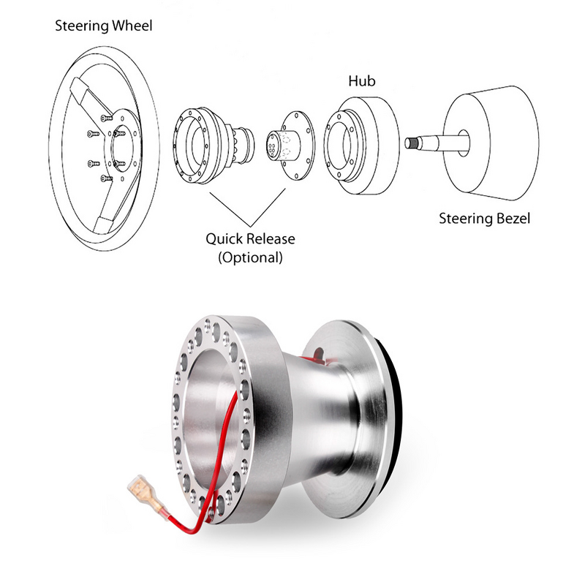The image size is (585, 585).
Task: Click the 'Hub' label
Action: click(361, 81)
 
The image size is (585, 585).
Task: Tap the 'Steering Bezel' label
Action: click(484, 218)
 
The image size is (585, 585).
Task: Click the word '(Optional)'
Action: click(249, 257)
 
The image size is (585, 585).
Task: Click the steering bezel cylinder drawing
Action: click(494, 146)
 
